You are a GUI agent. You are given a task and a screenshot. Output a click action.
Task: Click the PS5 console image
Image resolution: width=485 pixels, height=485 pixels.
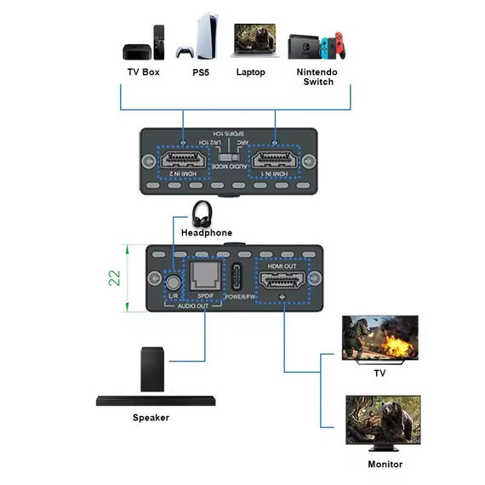pos(193,35)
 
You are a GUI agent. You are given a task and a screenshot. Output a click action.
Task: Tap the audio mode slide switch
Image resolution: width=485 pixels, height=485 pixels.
pos(228,157)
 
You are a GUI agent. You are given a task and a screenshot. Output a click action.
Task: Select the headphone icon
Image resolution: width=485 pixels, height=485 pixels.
pos(205,213)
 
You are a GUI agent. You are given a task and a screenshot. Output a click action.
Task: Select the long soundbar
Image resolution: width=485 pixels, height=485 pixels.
pos(157,399)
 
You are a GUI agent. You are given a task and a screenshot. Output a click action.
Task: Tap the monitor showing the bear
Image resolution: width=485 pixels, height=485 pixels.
pos(382,420)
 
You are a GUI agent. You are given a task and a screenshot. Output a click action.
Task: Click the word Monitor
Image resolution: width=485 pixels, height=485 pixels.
pos(385,465)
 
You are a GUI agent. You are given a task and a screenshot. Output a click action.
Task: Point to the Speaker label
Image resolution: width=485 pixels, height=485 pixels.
pos(151,418)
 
